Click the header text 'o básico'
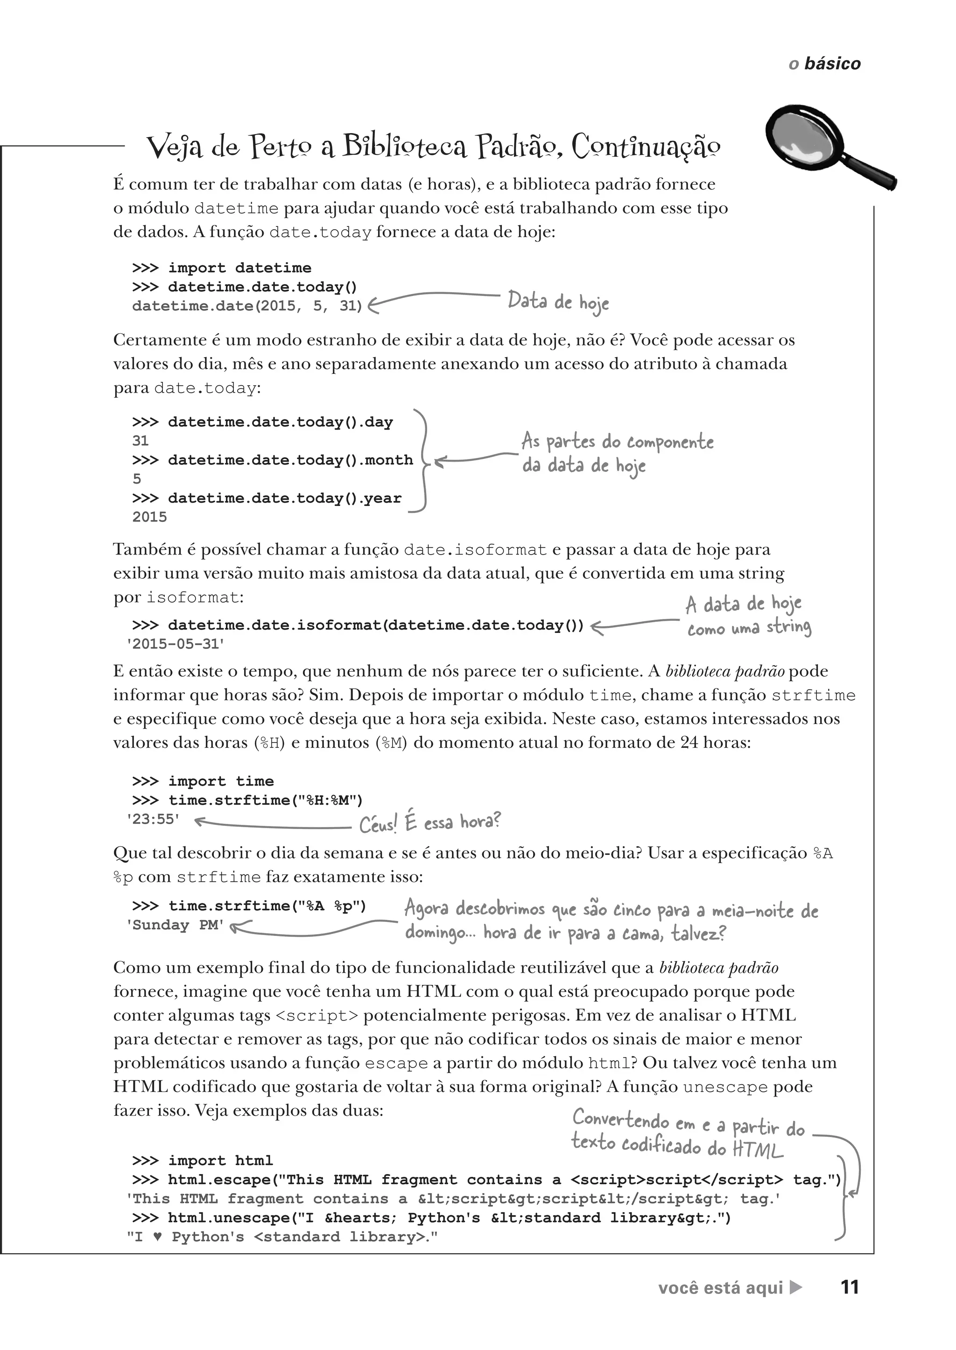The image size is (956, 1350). point(824,63)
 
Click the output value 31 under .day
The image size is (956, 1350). point(140,441)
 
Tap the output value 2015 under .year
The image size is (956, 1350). point(149,517)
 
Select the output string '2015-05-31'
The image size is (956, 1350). point(176,644)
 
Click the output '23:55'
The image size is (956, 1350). point(153,819)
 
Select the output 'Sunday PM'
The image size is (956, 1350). point(175,925)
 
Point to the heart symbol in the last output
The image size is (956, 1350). point(157,1237)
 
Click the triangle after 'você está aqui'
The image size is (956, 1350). point(795,1287)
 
